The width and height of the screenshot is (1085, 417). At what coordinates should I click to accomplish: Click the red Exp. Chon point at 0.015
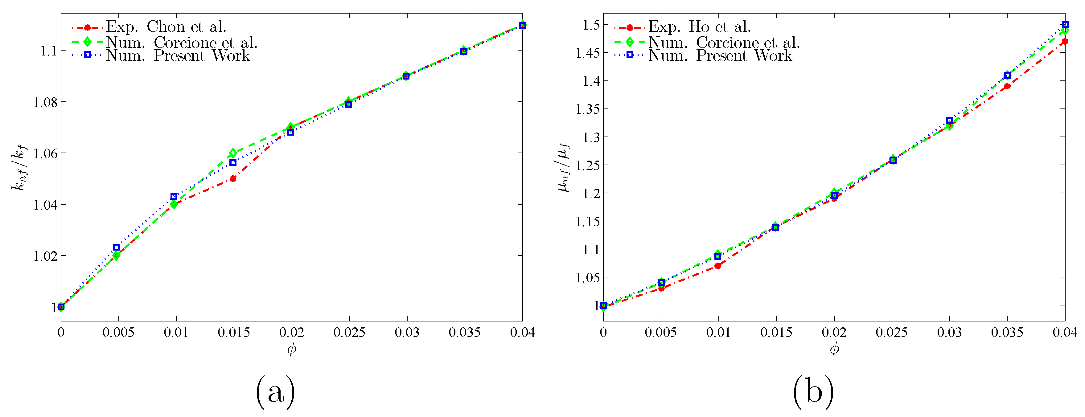233,178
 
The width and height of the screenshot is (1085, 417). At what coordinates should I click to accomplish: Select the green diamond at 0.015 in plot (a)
233,153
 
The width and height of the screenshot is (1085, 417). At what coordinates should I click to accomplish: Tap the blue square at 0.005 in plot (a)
116,247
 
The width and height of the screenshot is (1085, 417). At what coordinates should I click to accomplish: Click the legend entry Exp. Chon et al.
166,27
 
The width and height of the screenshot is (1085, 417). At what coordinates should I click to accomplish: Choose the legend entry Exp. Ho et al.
699,27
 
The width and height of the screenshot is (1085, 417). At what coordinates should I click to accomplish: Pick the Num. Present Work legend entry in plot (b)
720,55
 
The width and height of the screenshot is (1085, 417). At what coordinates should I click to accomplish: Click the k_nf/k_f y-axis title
19,167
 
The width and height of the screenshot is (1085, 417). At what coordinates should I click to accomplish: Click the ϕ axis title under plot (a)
291,349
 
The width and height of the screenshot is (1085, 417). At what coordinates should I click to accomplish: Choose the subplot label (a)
275,392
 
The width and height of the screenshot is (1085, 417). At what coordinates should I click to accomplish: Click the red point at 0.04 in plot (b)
1065,41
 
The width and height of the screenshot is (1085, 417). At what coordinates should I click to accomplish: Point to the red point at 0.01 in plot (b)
718,266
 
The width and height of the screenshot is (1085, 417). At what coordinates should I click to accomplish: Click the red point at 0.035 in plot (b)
1007,86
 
